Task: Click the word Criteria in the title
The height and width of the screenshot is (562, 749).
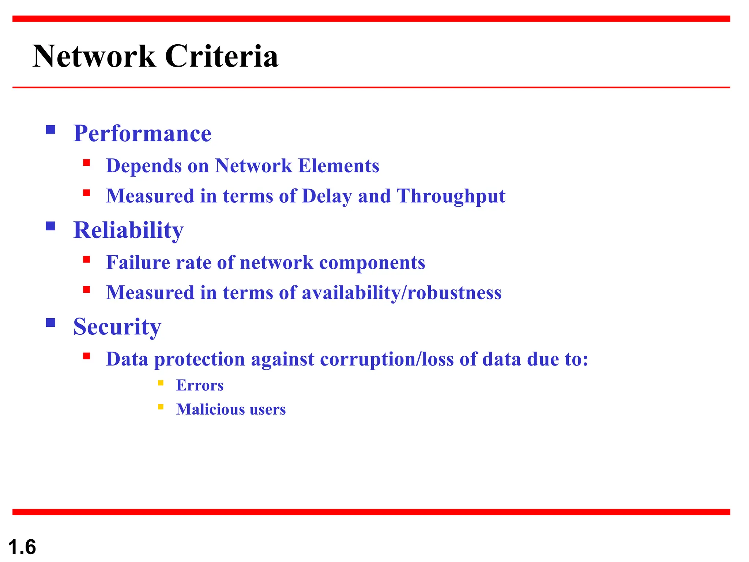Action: pos(222,56)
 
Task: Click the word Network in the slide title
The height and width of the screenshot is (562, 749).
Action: pos(94,56)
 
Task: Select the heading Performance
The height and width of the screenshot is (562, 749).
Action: pos(142,133)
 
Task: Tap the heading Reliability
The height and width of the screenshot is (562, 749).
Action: pos(128,230)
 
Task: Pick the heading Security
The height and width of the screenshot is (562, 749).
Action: pos(117,326)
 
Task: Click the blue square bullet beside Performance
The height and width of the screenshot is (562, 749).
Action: pos(50,130)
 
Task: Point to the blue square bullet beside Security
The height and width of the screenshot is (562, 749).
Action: pos(50,322)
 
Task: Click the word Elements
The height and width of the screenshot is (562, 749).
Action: pos(339,166)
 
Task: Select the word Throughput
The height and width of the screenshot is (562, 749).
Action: pos(451,196)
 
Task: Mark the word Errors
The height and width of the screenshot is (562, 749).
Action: pos(200,385)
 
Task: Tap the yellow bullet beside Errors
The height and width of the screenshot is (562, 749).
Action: pos(161,383)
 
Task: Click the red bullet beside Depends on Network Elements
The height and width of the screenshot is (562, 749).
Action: pos(87,163)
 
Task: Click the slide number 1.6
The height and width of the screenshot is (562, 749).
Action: pos(22,547)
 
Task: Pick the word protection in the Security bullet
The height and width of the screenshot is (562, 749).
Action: pos(199,359)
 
